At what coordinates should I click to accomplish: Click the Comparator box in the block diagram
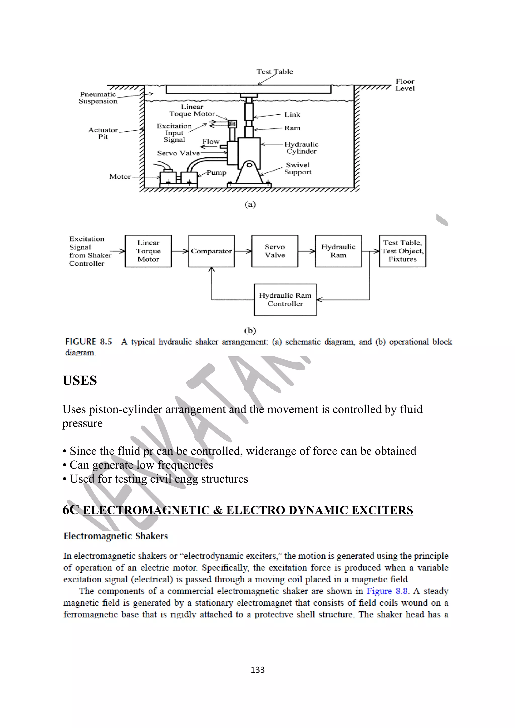[x=211, y=251]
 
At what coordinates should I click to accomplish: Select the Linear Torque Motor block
[x=148, y=251]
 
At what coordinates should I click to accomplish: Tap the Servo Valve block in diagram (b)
[x=275, y=251]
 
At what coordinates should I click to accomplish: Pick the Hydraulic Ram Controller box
[x=285, y=300]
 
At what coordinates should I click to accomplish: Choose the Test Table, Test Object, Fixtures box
[x=402, y=251]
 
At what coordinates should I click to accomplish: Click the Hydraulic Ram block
[x=338, y=251]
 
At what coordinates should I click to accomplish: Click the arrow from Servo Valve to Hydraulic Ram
[x=307, y=251]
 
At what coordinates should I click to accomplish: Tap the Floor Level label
[x=405, y=85]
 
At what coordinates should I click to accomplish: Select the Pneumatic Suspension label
[x=98, y=98]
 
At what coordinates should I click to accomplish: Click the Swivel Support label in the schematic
[x=298, y=168]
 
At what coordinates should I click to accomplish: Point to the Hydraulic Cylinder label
[x=301, y=148]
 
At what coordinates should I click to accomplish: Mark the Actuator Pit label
[x=103, y=133]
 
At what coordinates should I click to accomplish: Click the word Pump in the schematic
[x=217, y=173]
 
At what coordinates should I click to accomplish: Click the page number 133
[x=257, y=670]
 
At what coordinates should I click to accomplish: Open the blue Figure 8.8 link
[x=387, y=591]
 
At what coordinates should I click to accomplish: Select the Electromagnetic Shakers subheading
[x=115, y=536]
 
